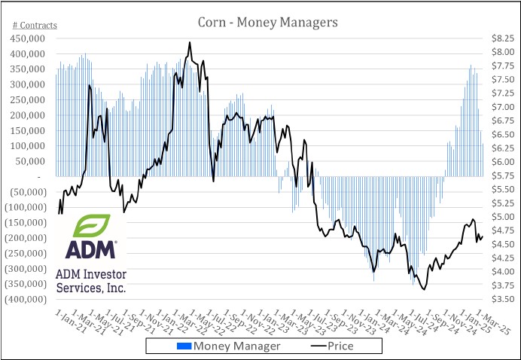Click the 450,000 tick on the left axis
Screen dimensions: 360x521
32,38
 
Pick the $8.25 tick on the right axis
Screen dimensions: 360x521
502,38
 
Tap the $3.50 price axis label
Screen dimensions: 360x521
502,299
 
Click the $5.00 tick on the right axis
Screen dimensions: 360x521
502,217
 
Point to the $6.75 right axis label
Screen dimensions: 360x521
502,121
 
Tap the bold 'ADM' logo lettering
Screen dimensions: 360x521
90,249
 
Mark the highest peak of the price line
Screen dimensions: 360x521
190,42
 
